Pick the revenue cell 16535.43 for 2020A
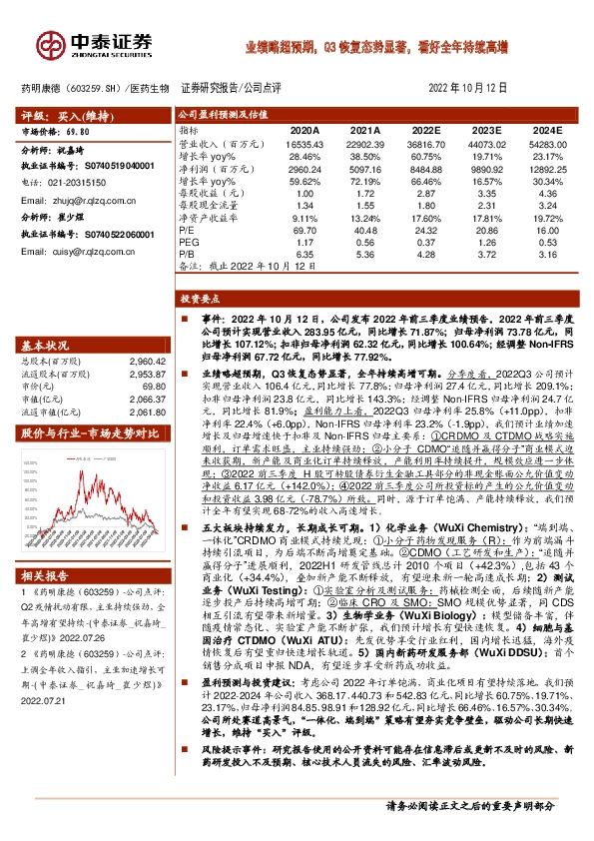point(302,145)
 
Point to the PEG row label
point(189,243)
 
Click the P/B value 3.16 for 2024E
point(550,255)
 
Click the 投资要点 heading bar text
point(200,298)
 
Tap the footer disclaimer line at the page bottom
point(469,805)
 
